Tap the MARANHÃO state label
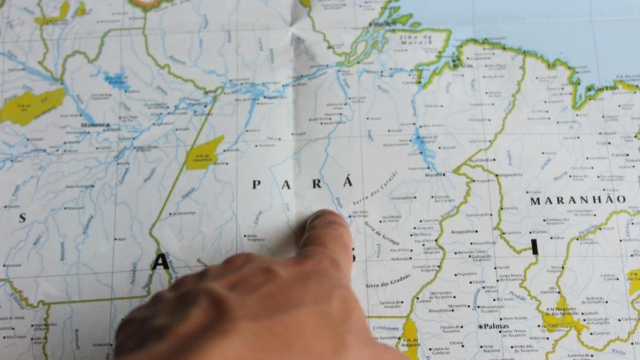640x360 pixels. click(x=578, y=200)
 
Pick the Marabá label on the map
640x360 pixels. click(x=433, y=174)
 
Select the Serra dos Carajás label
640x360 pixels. click(x=375, y=189)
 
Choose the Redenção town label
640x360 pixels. click(x=400, y=258)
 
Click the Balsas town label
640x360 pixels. click(x=558, y=238)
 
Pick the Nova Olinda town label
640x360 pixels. click(x=484, y=243)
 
